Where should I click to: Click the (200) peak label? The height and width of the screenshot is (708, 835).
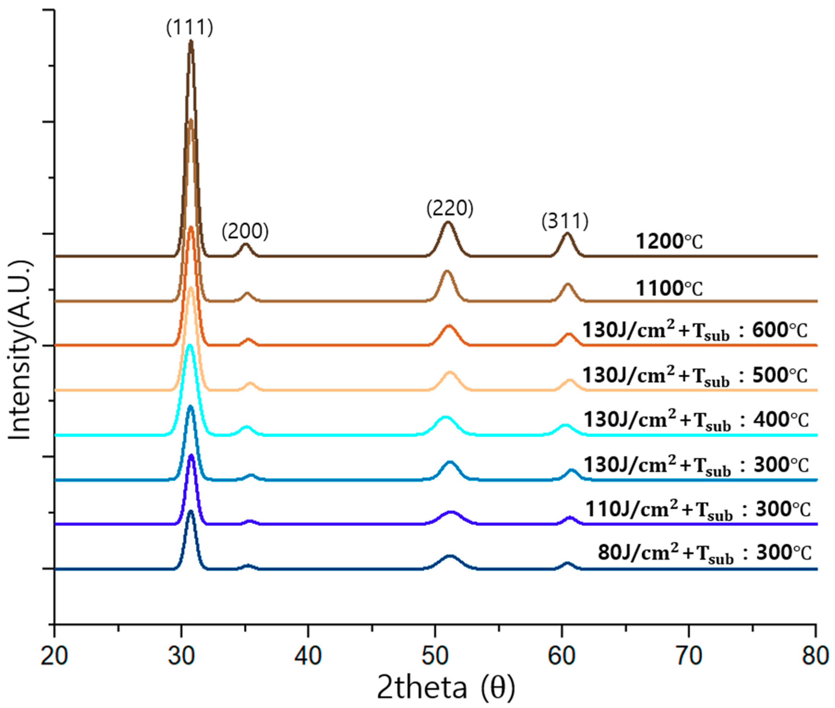coord(245,232)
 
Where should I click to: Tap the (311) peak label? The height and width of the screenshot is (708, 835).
coord(565,222)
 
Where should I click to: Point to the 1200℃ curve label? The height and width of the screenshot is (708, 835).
coord(669,242)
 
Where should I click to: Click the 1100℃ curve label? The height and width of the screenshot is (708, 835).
coord(669,288)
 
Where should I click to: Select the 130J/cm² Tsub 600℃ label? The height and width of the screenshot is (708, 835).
coord(695,332)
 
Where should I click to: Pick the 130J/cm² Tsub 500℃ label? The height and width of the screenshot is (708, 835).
coord(695,376)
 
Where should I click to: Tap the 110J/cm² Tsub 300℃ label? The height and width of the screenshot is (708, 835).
coord(698,510)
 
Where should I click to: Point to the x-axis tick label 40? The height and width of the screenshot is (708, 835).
coord(308,657)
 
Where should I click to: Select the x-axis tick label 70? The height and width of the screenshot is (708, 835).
coord(689,657)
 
